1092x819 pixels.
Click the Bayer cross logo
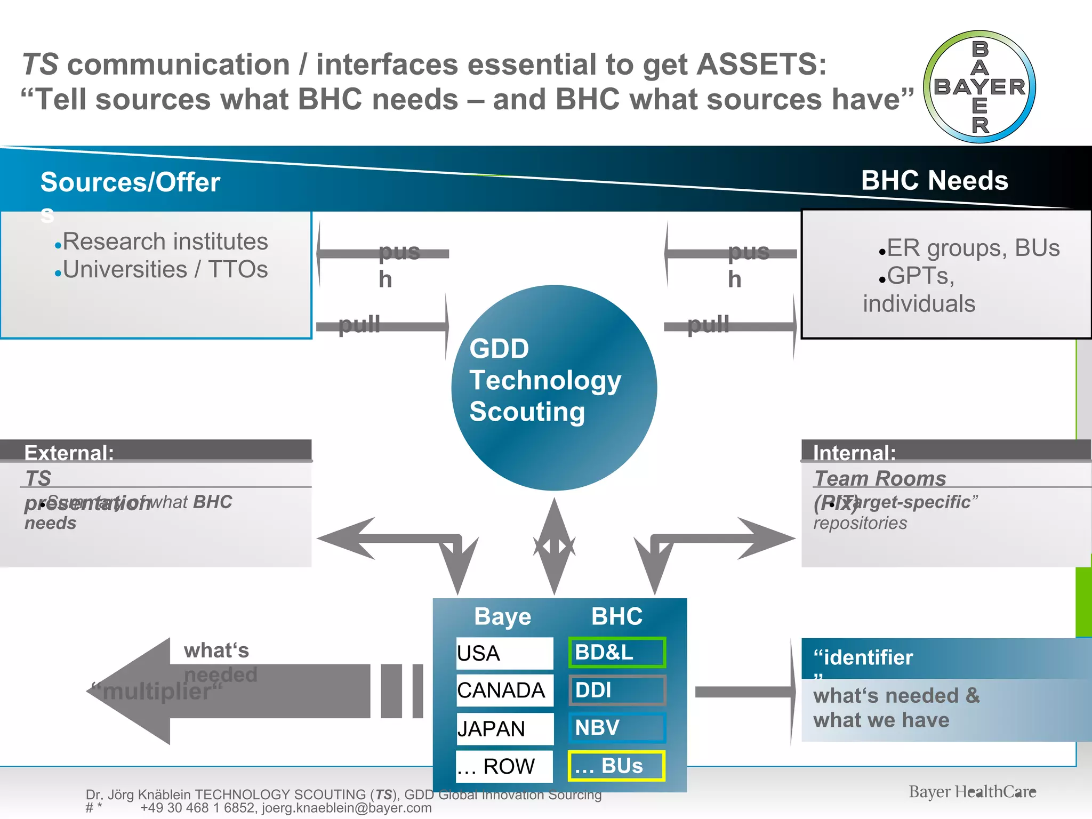click(979, 87)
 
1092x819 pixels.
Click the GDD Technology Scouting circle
click(554, 388)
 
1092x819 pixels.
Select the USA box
click(504, 653)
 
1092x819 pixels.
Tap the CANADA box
click(504, 690)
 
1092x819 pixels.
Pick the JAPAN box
click(504, 728)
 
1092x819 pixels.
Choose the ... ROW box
click(504, 766)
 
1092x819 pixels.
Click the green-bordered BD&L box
click(617, 652)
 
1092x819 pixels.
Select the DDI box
click(617, 690)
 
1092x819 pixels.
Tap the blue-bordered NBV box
click(617, 728)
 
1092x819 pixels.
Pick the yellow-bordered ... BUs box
click(617, 766)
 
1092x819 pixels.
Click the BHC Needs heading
click(934, 180)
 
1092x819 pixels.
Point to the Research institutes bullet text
click(165, 242)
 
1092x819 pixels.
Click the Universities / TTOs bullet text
click(165, 269)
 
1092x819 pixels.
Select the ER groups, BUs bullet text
click(973, 248)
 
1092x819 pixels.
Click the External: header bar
click(156, 451)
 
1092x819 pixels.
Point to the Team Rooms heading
click(880, 478)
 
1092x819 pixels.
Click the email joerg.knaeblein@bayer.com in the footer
click(347, 808)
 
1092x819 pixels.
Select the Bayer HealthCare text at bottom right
click(972, 792)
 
